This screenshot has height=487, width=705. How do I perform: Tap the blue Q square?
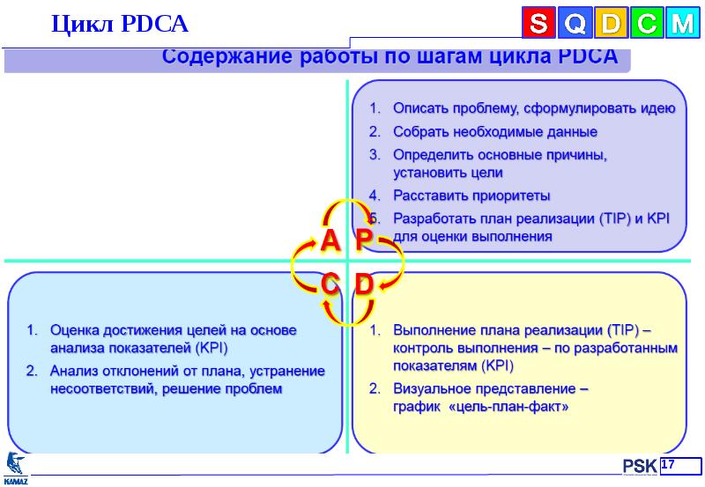point(574,24)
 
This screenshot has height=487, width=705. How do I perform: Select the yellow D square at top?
point(610,24)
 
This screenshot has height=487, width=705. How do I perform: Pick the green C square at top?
point(645,24)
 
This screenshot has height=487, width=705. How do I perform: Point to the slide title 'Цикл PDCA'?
point(120,23)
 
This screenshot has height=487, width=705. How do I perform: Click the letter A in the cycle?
point(330,240)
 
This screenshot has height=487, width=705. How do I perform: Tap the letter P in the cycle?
point(365,240)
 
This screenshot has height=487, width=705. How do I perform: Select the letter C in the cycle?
point(330,284)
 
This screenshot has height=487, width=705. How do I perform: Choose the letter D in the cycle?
point(365,284)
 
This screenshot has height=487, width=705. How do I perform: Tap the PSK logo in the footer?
point(637,466)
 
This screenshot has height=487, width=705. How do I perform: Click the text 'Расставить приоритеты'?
point(471,195)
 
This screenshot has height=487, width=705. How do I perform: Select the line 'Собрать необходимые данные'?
point(494,131)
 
